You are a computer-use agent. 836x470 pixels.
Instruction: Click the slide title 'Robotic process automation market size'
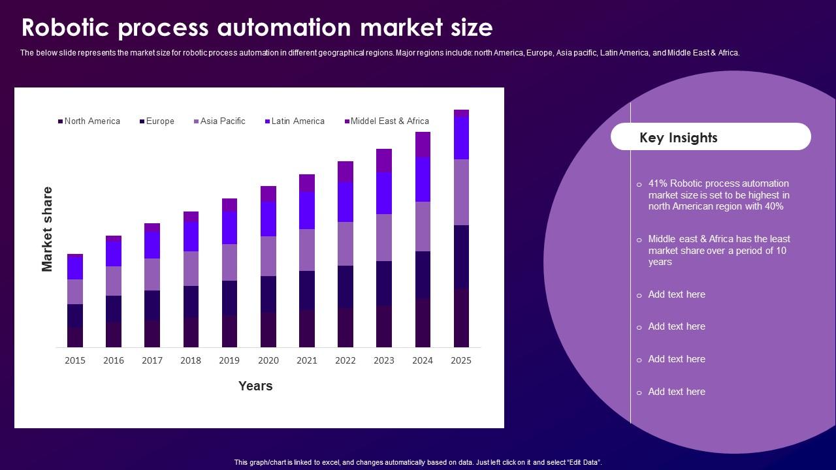point(257,28)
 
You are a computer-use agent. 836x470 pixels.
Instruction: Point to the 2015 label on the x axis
point(75,360)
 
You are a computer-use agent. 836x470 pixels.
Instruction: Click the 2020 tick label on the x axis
point(268,360)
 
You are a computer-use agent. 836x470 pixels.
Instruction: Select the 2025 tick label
point(461,360)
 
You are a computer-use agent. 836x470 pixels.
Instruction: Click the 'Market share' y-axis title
point(47,228)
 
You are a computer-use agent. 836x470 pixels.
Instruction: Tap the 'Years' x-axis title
point(255,386)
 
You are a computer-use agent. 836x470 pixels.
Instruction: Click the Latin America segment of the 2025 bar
point(461,138)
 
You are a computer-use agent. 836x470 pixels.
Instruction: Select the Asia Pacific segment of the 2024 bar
point(423,226)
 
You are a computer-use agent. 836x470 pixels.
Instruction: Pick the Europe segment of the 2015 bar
point(75,315)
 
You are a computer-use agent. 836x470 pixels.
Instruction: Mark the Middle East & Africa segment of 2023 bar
point(384,160)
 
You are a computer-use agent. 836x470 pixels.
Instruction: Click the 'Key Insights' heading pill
point(711,137)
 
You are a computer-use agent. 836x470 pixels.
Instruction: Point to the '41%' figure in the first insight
point(658,183)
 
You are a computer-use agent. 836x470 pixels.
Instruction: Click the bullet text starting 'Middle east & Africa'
point(718,250)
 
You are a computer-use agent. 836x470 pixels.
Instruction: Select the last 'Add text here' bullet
point(676,392)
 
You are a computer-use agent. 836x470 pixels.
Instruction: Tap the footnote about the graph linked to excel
point(418,462)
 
